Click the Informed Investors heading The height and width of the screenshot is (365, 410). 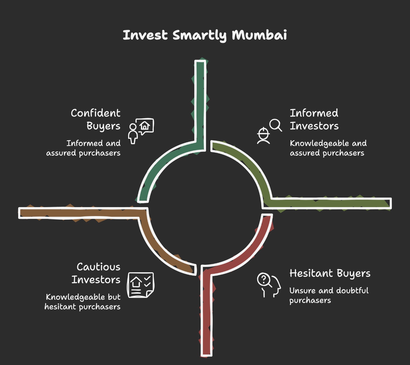(314, 119)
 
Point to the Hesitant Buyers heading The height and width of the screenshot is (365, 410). (330, 273)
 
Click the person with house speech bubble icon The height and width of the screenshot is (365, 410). (141, 130)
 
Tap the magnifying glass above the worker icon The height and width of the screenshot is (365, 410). (275, 125)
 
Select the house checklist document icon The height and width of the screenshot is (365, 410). (140, 285)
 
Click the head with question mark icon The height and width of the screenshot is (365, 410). (269, 285)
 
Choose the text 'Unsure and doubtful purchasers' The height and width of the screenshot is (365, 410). (329, 295)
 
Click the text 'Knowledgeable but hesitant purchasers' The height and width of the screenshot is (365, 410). (83, 302)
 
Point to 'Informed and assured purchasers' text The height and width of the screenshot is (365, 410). (84, 148)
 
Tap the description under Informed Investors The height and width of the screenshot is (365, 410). (328, 148)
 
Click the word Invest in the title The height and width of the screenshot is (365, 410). (145, 35)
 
